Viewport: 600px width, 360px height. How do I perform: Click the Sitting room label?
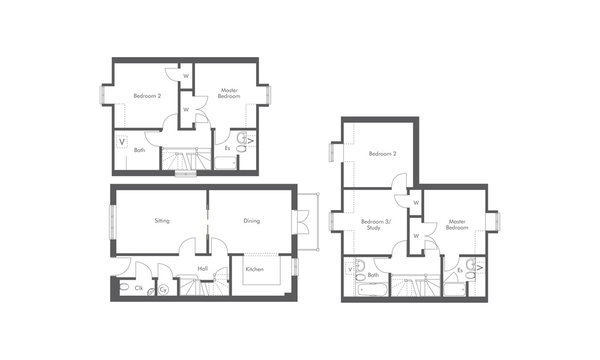click(x=162, y=219)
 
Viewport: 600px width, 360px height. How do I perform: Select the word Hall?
click(x=202, y=268)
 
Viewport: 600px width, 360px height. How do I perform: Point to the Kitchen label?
click(x=254, y=269)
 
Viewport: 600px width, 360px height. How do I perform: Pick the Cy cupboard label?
click(x=162, y=290)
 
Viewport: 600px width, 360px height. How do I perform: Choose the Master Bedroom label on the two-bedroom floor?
click(x=229, y=93)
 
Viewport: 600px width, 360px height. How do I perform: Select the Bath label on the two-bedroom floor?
click(x=140, y=150)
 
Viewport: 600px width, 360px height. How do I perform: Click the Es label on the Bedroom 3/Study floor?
click(x=459, y=270)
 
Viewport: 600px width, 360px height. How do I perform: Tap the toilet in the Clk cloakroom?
click(x=122, y=288)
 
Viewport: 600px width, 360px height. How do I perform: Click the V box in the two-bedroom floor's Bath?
click(x=122, y=142)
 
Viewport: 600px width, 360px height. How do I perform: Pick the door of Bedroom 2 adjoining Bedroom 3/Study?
click(x=398, y=183)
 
